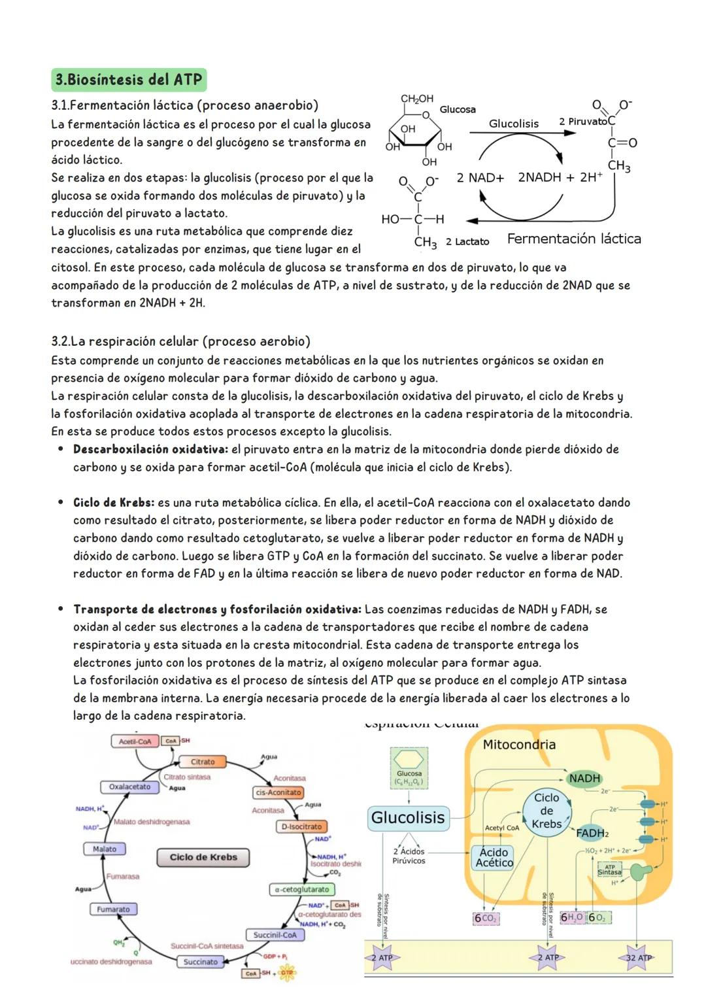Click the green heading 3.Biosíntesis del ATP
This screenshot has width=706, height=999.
(x=129, y=80)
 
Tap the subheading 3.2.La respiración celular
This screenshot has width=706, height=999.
(x=180, y=341)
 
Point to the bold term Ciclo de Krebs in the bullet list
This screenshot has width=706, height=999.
(x=114, y=503)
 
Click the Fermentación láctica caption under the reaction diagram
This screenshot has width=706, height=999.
(x=573, y=239)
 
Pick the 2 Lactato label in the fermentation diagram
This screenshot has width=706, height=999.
(x=467, y=242)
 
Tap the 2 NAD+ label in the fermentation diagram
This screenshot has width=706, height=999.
(x=480, y=178)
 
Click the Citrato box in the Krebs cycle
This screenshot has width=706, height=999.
(x=203, y=762)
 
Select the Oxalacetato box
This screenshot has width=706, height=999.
(x=129, y=787)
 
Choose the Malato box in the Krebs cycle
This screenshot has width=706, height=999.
(x=105, y=849)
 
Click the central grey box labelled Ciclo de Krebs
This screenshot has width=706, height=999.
(x=203, y=857)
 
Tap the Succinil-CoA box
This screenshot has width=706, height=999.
(x=275, y=935)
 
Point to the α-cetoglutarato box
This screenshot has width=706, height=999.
(x=302, y=889)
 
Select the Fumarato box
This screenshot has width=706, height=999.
(x=113, y=909)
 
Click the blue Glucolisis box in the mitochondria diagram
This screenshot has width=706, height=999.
(x=408, y=817)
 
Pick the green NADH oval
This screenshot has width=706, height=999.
(x=584, y=778)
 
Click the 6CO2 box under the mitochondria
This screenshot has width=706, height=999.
(x=485, y=919)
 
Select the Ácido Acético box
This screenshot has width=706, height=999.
(x=494, y=857)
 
